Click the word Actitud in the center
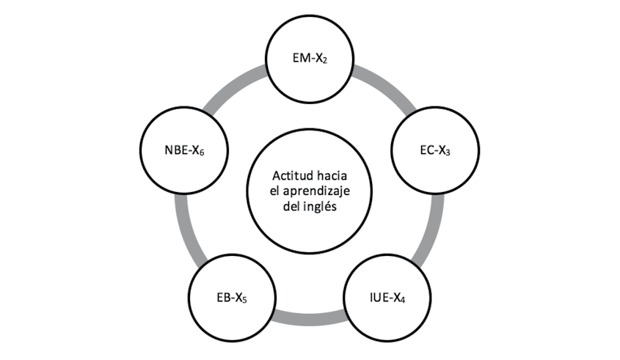pos(291,177)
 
